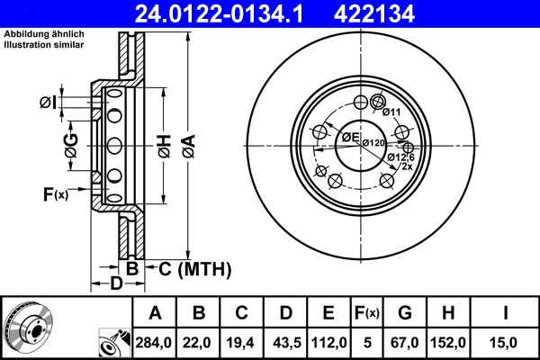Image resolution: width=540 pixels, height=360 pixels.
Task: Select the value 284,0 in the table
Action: click(154, 342)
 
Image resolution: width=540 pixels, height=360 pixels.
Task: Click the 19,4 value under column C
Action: click(242, 342)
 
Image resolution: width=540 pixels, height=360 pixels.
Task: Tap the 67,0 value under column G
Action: click(405, 342)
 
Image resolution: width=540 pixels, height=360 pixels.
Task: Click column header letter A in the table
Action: click(154, 313)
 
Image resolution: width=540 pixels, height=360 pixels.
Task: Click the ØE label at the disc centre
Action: click(350, 137)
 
